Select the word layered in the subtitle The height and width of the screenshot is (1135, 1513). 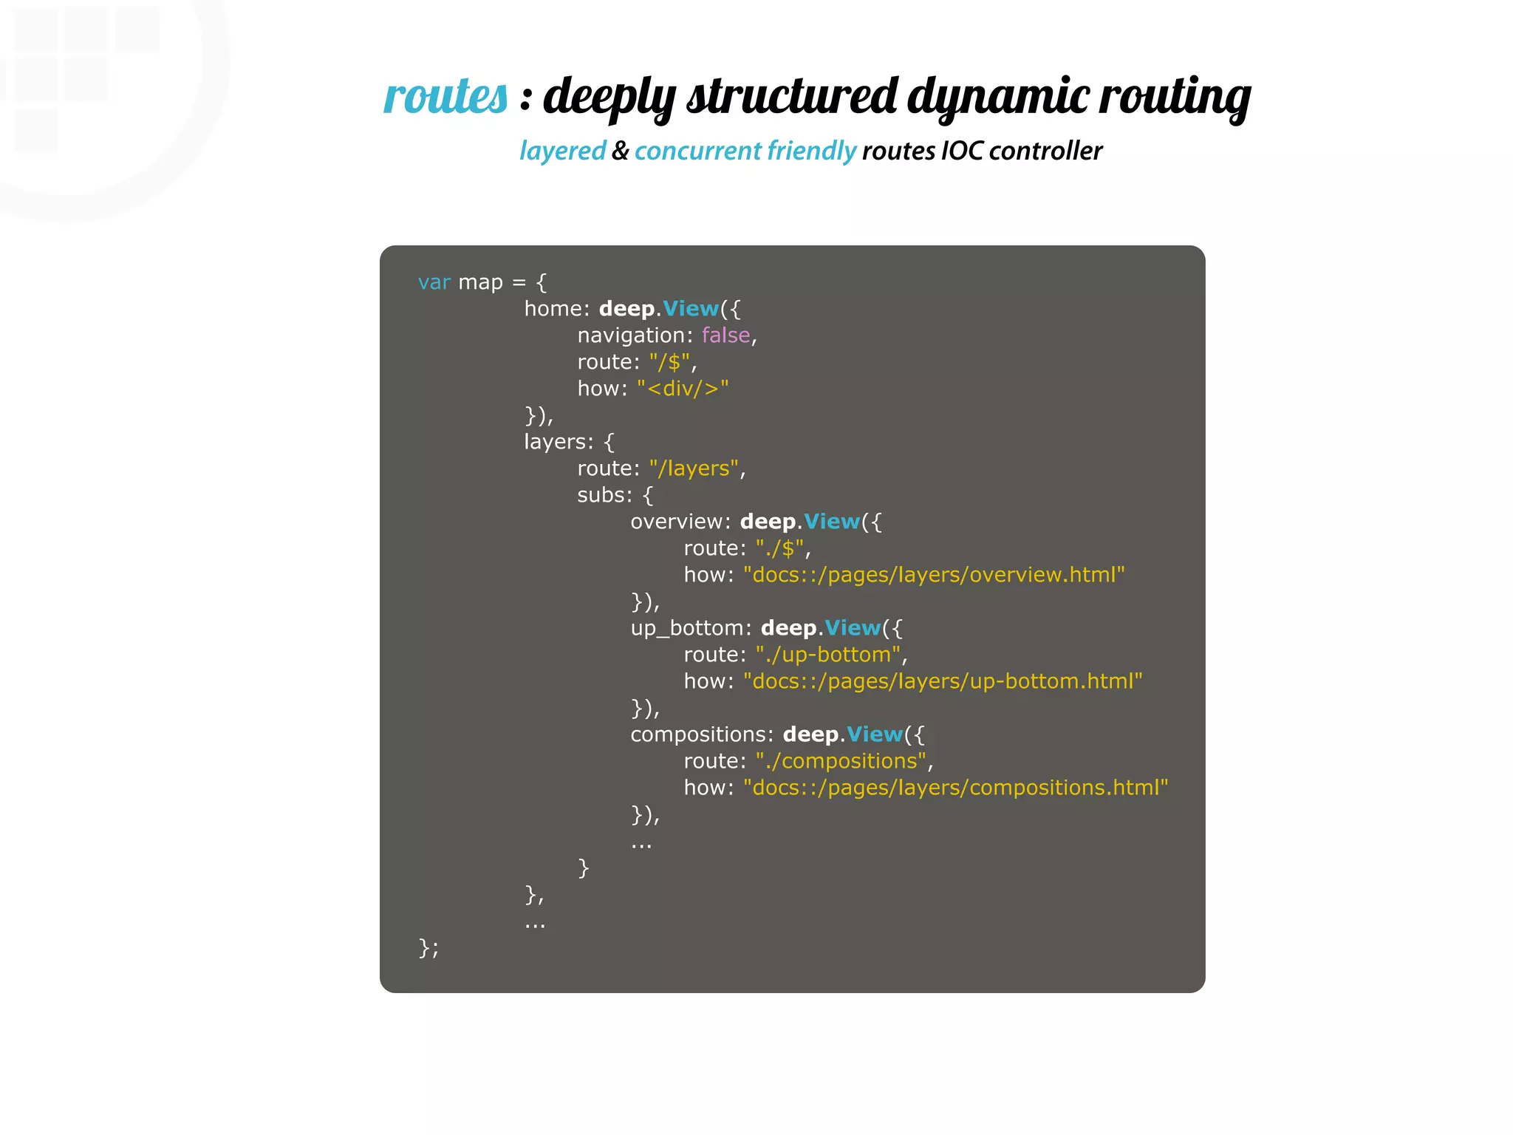coord(562,151)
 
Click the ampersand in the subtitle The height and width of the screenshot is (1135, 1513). coord(620,151)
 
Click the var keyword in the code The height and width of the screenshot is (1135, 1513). coord(434,282)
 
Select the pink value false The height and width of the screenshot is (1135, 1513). coord(725,335)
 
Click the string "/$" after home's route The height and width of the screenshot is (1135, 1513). coord(670,362)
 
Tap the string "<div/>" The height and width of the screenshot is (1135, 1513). coord(683,389)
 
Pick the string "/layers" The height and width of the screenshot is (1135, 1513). coord(694,468)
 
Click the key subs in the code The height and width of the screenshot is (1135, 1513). coord(602,495)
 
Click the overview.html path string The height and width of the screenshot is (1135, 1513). coord(934,575)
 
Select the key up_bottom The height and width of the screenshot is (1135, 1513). coord(687,628)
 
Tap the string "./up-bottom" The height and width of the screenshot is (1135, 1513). coord(828,655)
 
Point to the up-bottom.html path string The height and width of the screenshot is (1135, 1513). coord(943,681)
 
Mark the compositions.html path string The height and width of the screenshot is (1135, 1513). coord(956,788)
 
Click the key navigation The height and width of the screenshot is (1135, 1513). coord(632,335)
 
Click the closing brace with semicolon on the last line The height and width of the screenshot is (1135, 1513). coord(428,948)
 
